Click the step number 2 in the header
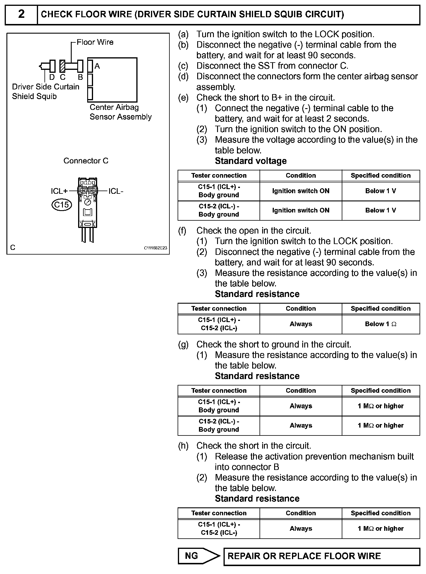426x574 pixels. click(21, 14)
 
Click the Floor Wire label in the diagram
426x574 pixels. click(95, 42)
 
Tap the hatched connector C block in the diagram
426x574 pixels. click(62, 66)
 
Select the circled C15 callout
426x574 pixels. click(61, 205)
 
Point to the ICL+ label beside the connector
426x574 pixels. click(59, 191)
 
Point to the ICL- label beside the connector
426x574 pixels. click(116, 191)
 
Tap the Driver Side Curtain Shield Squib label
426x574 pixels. click(45, 91)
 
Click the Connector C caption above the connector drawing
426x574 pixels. click(86, 161)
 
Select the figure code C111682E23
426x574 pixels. click(155, 248)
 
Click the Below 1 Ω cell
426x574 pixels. click(380, 324)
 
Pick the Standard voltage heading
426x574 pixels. click(251, 161)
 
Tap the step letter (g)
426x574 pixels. click(183, 345)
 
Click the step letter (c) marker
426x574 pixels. click(183, 66)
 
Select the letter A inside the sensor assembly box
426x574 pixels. click(97, 66)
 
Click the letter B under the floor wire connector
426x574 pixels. click(80, 77)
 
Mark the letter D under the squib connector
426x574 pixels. click(52, 77)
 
